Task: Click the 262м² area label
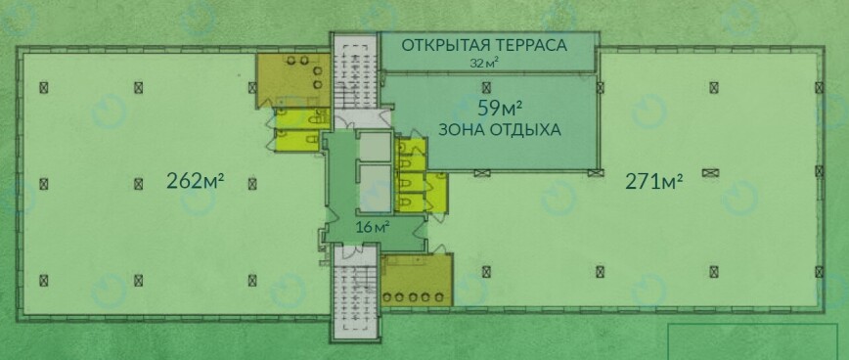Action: click(x=195, y=181)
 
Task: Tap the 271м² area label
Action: click(x=653, y=182)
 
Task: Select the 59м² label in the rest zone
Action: click(x=499, y=108)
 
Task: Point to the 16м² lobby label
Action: click(x=373, y=227)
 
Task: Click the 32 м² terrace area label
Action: click(x=484, y=63)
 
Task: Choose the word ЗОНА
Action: click(x=458, y=130)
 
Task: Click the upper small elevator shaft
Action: click(x=376, y=146)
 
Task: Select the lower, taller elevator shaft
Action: click(x=376, y=189)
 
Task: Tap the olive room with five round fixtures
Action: click(x=417, y=280)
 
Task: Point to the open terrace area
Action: click(x=488, y=52)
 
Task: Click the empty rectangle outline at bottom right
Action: click(x=752, y=341)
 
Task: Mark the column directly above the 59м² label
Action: click(x=486, y=87)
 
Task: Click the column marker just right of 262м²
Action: click(x=251, y=184)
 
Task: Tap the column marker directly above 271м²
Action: click(x=714, y=87)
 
